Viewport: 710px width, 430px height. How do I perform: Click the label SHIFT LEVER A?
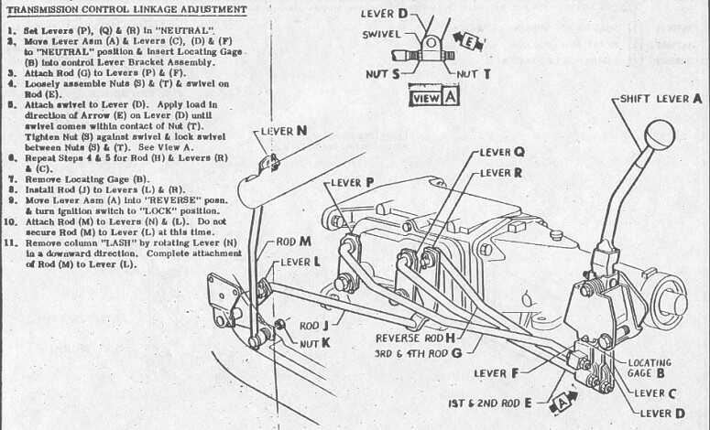[659, 97]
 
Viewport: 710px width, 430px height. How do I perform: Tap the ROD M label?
[295, 242]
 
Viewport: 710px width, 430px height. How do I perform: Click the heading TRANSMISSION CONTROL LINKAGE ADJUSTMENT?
[126, 10]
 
